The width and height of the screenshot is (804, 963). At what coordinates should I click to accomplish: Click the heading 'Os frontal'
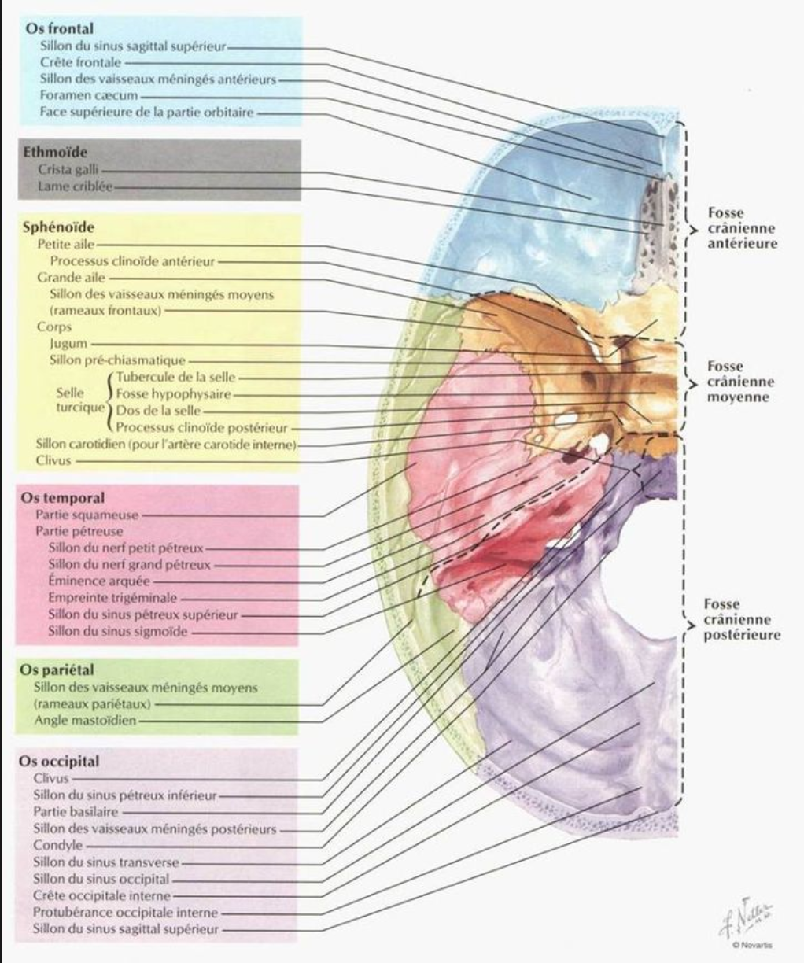coord(59,29)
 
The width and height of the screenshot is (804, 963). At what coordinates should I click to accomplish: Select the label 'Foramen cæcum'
coord(89,95)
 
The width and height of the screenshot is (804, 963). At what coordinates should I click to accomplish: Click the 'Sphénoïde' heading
coord(58,227)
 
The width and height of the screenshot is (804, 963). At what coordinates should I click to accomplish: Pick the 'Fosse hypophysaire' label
coord(174,394)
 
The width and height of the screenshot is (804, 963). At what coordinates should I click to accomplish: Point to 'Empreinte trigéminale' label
coord(112,598)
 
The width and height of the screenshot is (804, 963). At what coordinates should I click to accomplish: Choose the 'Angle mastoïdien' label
coord(85,720)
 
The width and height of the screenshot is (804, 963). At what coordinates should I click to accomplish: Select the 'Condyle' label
coord(57,845)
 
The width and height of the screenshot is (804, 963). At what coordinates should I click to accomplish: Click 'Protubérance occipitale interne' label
coord(125,913)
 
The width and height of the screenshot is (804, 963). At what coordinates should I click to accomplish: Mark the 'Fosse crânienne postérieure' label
coord(742,619)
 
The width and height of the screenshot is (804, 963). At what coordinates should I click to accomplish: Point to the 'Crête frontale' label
coord(81,62)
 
